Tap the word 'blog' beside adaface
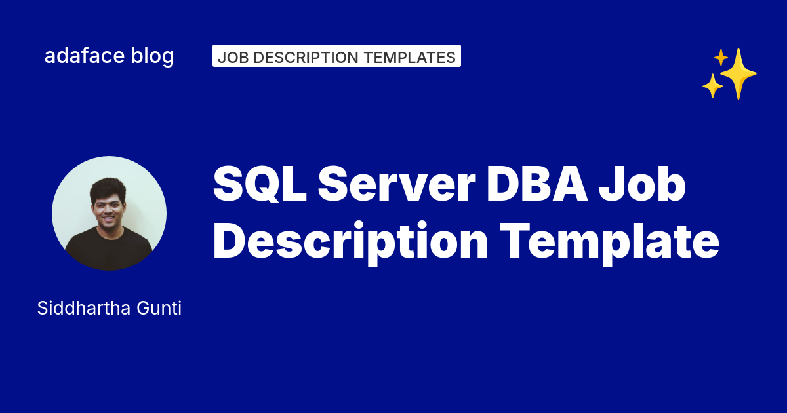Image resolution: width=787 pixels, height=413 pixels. (153, 56)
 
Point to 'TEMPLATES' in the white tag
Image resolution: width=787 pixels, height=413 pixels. (409, 57)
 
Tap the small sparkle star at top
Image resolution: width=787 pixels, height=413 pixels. (721, 58)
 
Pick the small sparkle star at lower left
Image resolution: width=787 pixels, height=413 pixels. (712, 86)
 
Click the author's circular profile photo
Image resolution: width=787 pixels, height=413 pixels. (109, 213)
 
